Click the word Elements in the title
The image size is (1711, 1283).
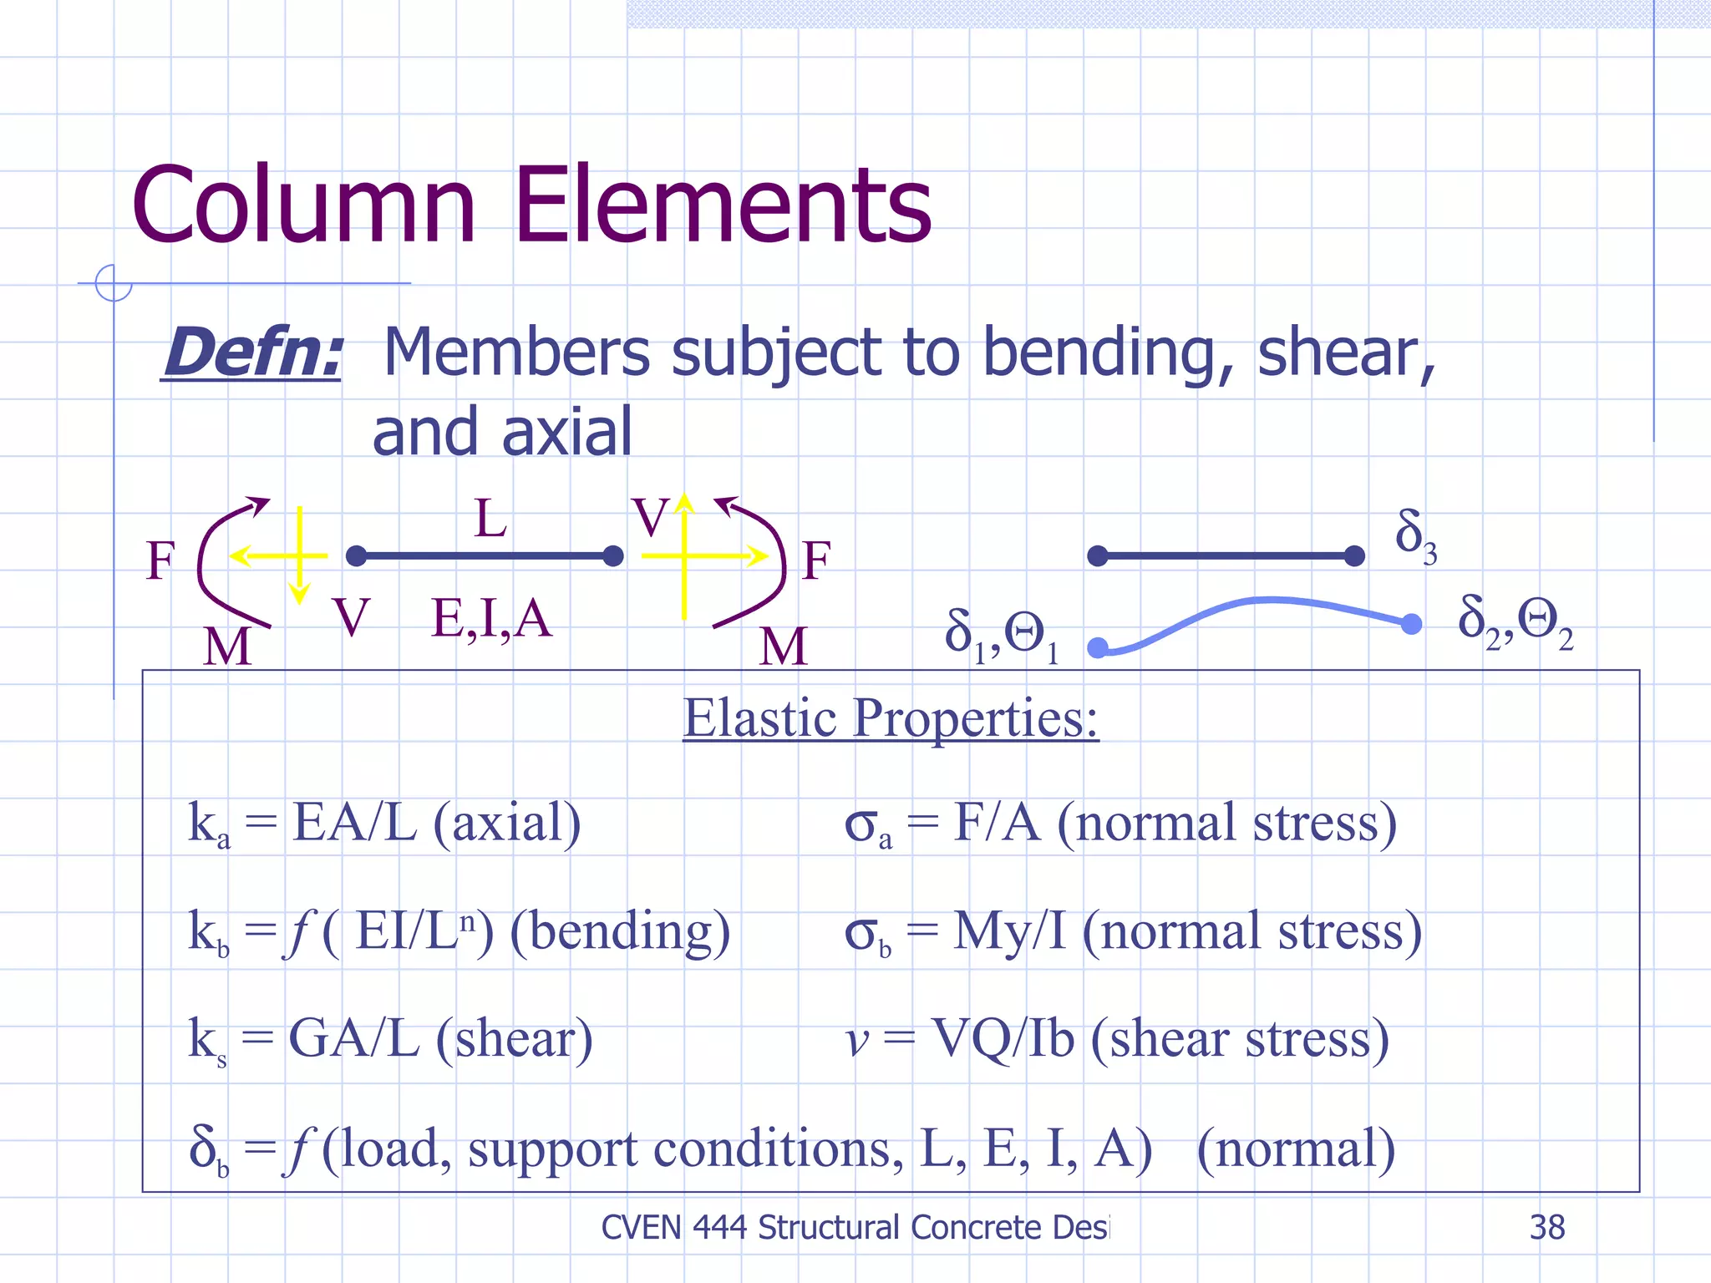click(x=723, y=205)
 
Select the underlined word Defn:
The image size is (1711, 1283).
click(x=252, y=353)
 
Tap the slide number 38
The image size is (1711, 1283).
click(x=1546, y=1227)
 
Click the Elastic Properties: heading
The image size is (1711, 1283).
click(x=891, y=718)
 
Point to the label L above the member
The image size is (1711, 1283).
click(x=490, y=519)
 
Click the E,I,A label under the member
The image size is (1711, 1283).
click(x=491, y=619)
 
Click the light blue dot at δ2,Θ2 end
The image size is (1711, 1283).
click(x=1411, y=624)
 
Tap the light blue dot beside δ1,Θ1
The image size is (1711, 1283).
click(x=1098, y=647)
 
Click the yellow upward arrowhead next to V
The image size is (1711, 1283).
click(x=684, y=502)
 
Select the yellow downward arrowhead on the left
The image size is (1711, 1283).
click(x=299, y=593)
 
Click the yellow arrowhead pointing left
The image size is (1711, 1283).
click(x=241, y=555)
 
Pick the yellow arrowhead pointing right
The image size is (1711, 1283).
click(x=758, y=555)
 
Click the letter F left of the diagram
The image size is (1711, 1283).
click(x=160, y=560)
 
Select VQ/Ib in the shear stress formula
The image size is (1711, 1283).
click(x=1003, y=1039)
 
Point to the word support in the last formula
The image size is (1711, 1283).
click(x=551, y=1149)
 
